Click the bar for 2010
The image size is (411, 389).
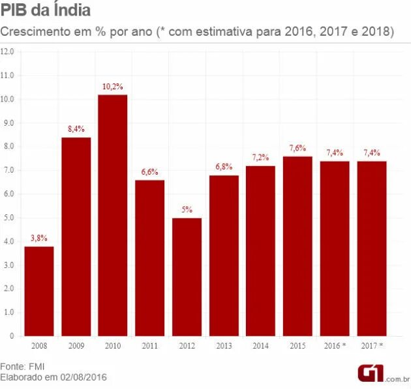(x=113, y=215)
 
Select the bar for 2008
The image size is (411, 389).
(x=38, y=291)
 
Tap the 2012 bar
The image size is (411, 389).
(x=187, y=277)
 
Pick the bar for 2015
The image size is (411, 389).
(x=297, y=246)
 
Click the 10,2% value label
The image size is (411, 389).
(x=113, y=87)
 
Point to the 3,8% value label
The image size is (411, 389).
(x=38, y=238)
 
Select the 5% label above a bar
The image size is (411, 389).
(x=187, y=210)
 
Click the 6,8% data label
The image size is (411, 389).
(x=224, y=167)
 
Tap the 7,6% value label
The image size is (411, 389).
(x=297, y=148)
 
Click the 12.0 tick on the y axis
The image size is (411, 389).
(x=8, y=51)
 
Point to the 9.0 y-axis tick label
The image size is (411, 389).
(x=8, y=122)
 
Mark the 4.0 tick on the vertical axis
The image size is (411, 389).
(x=8, y=241)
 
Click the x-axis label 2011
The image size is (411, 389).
(x=149, y=345)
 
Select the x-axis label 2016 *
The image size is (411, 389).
(x=335, y=345)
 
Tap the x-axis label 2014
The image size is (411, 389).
(x=261, y=345)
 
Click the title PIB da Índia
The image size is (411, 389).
(x=46, y=12)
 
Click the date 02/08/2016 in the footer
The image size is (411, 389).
(x=82, y=377)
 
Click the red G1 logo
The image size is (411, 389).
(x=369, y=373)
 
